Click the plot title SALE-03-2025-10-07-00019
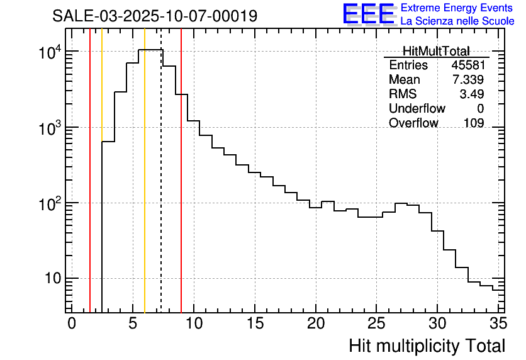pyautogui.click(x=155, y=16)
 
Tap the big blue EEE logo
pyautogui.click(x=368, y=14)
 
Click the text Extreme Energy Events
pyautogui.click(x=457, y=8)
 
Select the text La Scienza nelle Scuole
pyautogui.click(x=457, y=21)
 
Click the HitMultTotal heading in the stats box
pyautogui.click(x=436, y=51)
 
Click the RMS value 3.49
pyautogui.click(x=471, y=94)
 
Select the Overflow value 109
pyautogui.click(x=474, y=123)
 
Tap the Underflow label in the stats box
pyautogui.click(x=417, y=109)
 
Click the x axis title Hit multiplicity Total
pyautogui.click(x=427, y=346)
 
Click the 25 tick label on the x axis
pyautogui.click(x=376, y=324)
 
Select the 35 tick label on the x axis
pyautogui.click(x=498, y=324)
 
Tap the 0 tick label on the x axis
pyautogui.click(x=72, y=324)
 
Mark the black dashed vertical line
pyautogui.click(x=161, y=189)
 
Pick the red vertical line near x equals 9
pyautogui.click(x=181, y=189)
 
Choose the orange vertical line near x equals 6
pyautogui.click(x=145, y=189)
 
